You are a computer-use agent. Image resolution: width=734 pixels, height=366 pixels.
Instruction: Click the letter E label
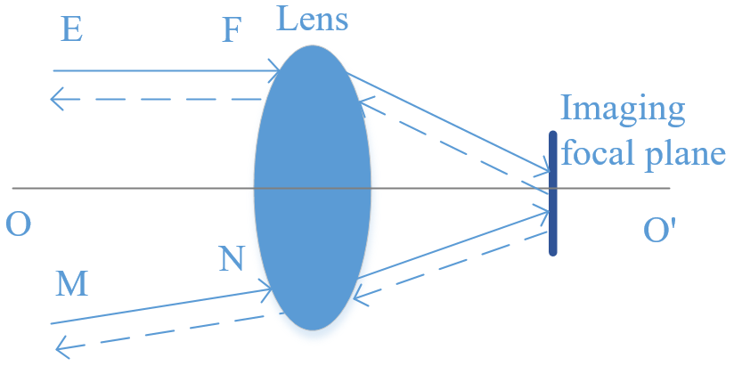click(72, 31)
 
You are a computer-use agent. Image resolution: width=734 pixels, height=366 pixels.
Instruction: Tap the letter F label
click(232, 31)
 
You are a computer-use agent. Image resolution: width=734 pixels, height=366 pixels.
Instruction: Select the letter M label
click(71, 285)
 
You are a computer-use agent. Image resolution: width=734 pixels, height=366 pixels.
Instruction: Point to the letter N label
click(232, 260)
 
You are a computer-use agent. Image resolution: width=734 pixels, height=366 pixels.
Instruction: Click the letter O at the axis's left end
click(18, 225)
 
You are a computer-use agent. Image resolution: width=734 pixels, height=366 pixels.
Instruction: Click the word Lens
click(312, 20)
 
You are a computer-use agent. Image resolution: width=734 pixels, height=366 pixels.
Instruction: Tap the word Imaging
click(623, 109)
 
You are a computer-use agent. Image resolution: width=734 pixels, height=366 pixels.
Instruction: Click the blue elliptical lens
click(313, 187)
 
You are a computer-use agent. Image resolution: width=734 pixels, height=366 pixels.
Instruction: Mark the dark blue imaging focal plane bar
click(553, 193)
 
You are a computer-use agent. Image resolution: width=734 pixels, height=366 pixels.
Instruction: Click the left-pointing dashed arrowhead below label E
click(56, 100)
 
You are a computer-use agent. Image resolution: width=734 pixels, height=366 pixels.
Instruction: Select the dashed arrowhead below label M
click(62, 348)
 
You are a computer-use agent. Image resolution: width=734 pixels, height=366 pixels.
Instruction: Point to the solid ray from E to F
click(167, 70)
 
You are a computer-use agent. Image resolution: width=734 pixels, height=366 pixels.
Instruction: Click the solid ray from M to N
click(161, 306)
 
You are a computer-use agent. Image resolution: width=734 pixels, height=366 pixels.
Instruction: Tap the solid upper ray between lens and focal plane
click(448, 122)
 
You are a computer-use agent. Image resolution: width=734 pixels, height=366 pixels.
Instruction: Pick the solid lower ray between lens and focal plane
click(453, 244)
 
